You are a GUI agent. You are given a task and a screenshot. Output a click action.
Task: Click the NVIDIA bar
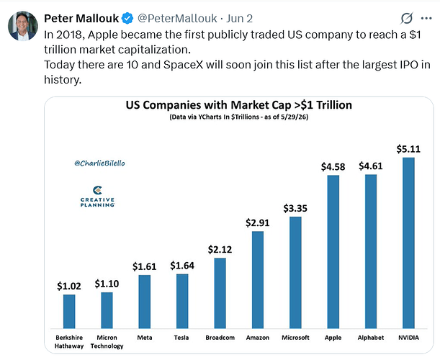coord(408,243)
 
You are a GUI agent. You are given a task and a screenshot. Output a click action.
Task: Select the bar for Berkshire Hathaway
coord(69,312)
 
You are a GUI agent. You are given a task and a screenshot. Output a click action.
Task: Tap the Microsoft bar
coord(295,272)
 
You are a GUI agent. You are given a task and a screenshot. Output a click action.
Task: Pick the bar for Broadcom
coord(220,293)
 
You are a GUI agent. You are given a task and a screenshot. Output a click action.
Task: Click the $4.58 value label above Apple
coord(333,167)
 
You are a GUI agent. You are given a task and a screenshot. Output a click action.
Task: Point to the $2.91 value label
coord(258,222)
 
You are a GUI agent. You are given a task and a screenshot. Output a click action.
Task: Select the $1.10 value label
coord(107,284)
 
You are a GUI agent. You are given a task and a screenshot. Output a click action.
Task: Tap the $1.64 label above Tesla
coord(182,266)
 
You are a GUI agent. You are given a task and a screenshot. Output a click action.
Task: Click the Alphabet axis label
coord(371,338)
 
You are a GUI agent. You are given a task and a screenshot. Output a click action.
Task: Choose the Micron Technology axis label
coord(107,342)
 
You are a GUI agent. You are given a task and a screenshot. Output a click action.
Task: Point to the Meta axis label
coord(145,338)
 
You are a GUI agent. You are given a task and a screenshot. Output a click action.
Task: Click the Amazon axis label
coord(258,338)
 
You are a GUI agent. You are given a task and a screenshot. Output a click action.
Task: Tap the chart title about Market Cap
coord(239,105)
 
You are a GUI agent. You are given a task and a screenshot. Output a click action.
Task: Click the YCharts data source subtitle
coord(239,117)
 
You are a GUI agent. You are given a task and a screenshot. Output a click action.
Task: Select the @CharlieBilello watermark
coord(99,163)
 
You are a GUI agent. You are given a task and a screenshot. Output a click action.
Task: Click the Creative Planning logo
coord(97,196)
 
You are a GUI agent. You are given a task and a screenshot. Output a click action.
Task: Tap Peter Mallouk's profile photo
coord(23,26)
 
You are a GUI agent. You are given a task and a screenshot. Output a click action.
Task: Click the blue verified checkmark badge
coord(127,19)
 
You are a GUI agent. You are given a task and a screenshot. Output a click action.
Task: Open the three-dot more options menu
coord(426,19)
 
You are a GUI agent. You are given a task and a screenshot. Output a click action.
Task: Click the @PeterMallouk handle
coord(177,19)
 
